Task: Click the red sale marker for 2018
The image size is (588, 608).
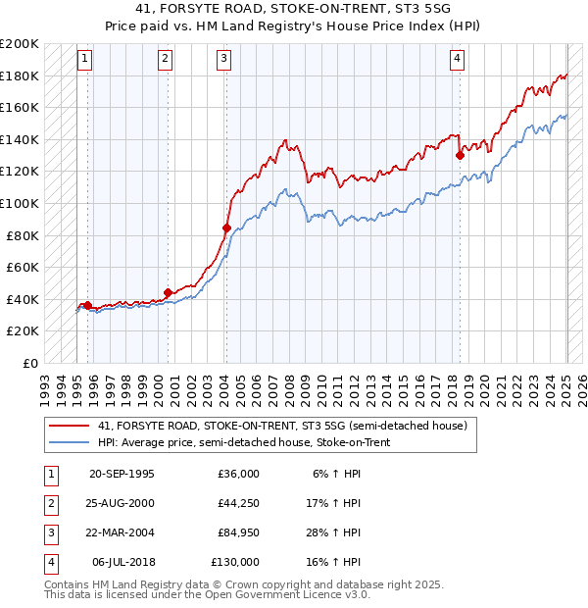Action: [460, 155]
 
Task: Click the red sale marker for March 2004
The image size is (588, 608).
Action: [226, 228]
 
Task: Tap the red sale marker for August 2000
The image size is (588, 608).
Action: [168, 292]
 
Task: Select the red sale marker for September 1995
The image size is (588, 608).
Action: [87, 305]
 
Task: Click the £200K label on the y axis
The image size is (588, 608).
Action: [21, 44]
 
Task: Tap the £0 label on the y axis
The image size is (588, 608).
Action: [29, 363]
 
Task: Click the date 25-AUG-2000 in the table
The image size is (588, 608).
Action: [122, 503]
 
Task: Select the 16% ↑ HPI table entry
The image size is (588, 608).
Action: [336, 563]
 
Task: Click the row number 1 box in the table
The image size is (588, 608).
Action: [49, 474]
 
